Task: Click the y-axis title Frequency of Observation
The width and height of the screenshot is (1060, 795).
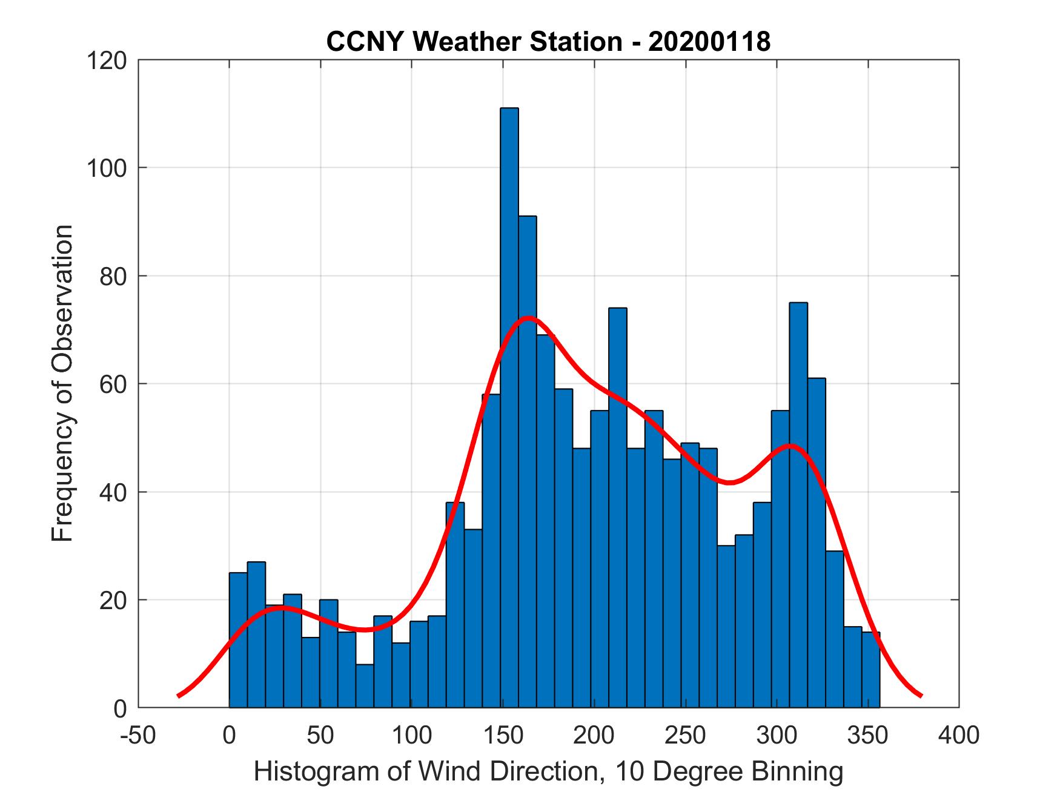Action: tap(62, 383)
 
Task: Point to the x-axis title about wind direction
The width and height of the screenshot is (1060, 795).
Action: tap(548, 771)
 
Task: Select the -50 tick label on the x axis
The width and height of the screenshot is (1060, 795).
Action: tap(139, 735)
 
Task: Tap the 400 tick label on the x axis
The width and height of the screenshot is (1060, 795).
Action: tap(959, 735)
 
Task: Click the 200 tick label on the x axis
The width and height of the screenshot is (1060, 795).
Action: tap(594, 735)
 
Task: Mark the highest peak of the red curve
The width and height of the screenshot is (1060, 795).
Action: tap(528, 318)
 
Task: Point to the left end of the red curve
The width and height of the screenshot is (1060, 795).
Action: tap(179, 696)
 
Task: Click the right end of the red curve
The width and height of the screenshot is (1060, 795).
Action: tap(921, 696)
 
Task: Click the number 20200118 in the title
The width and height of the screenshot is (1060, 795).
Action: tap(709, 42)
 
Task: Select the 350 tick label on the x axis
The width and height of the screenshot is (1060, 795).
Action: tap(868, 735)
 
